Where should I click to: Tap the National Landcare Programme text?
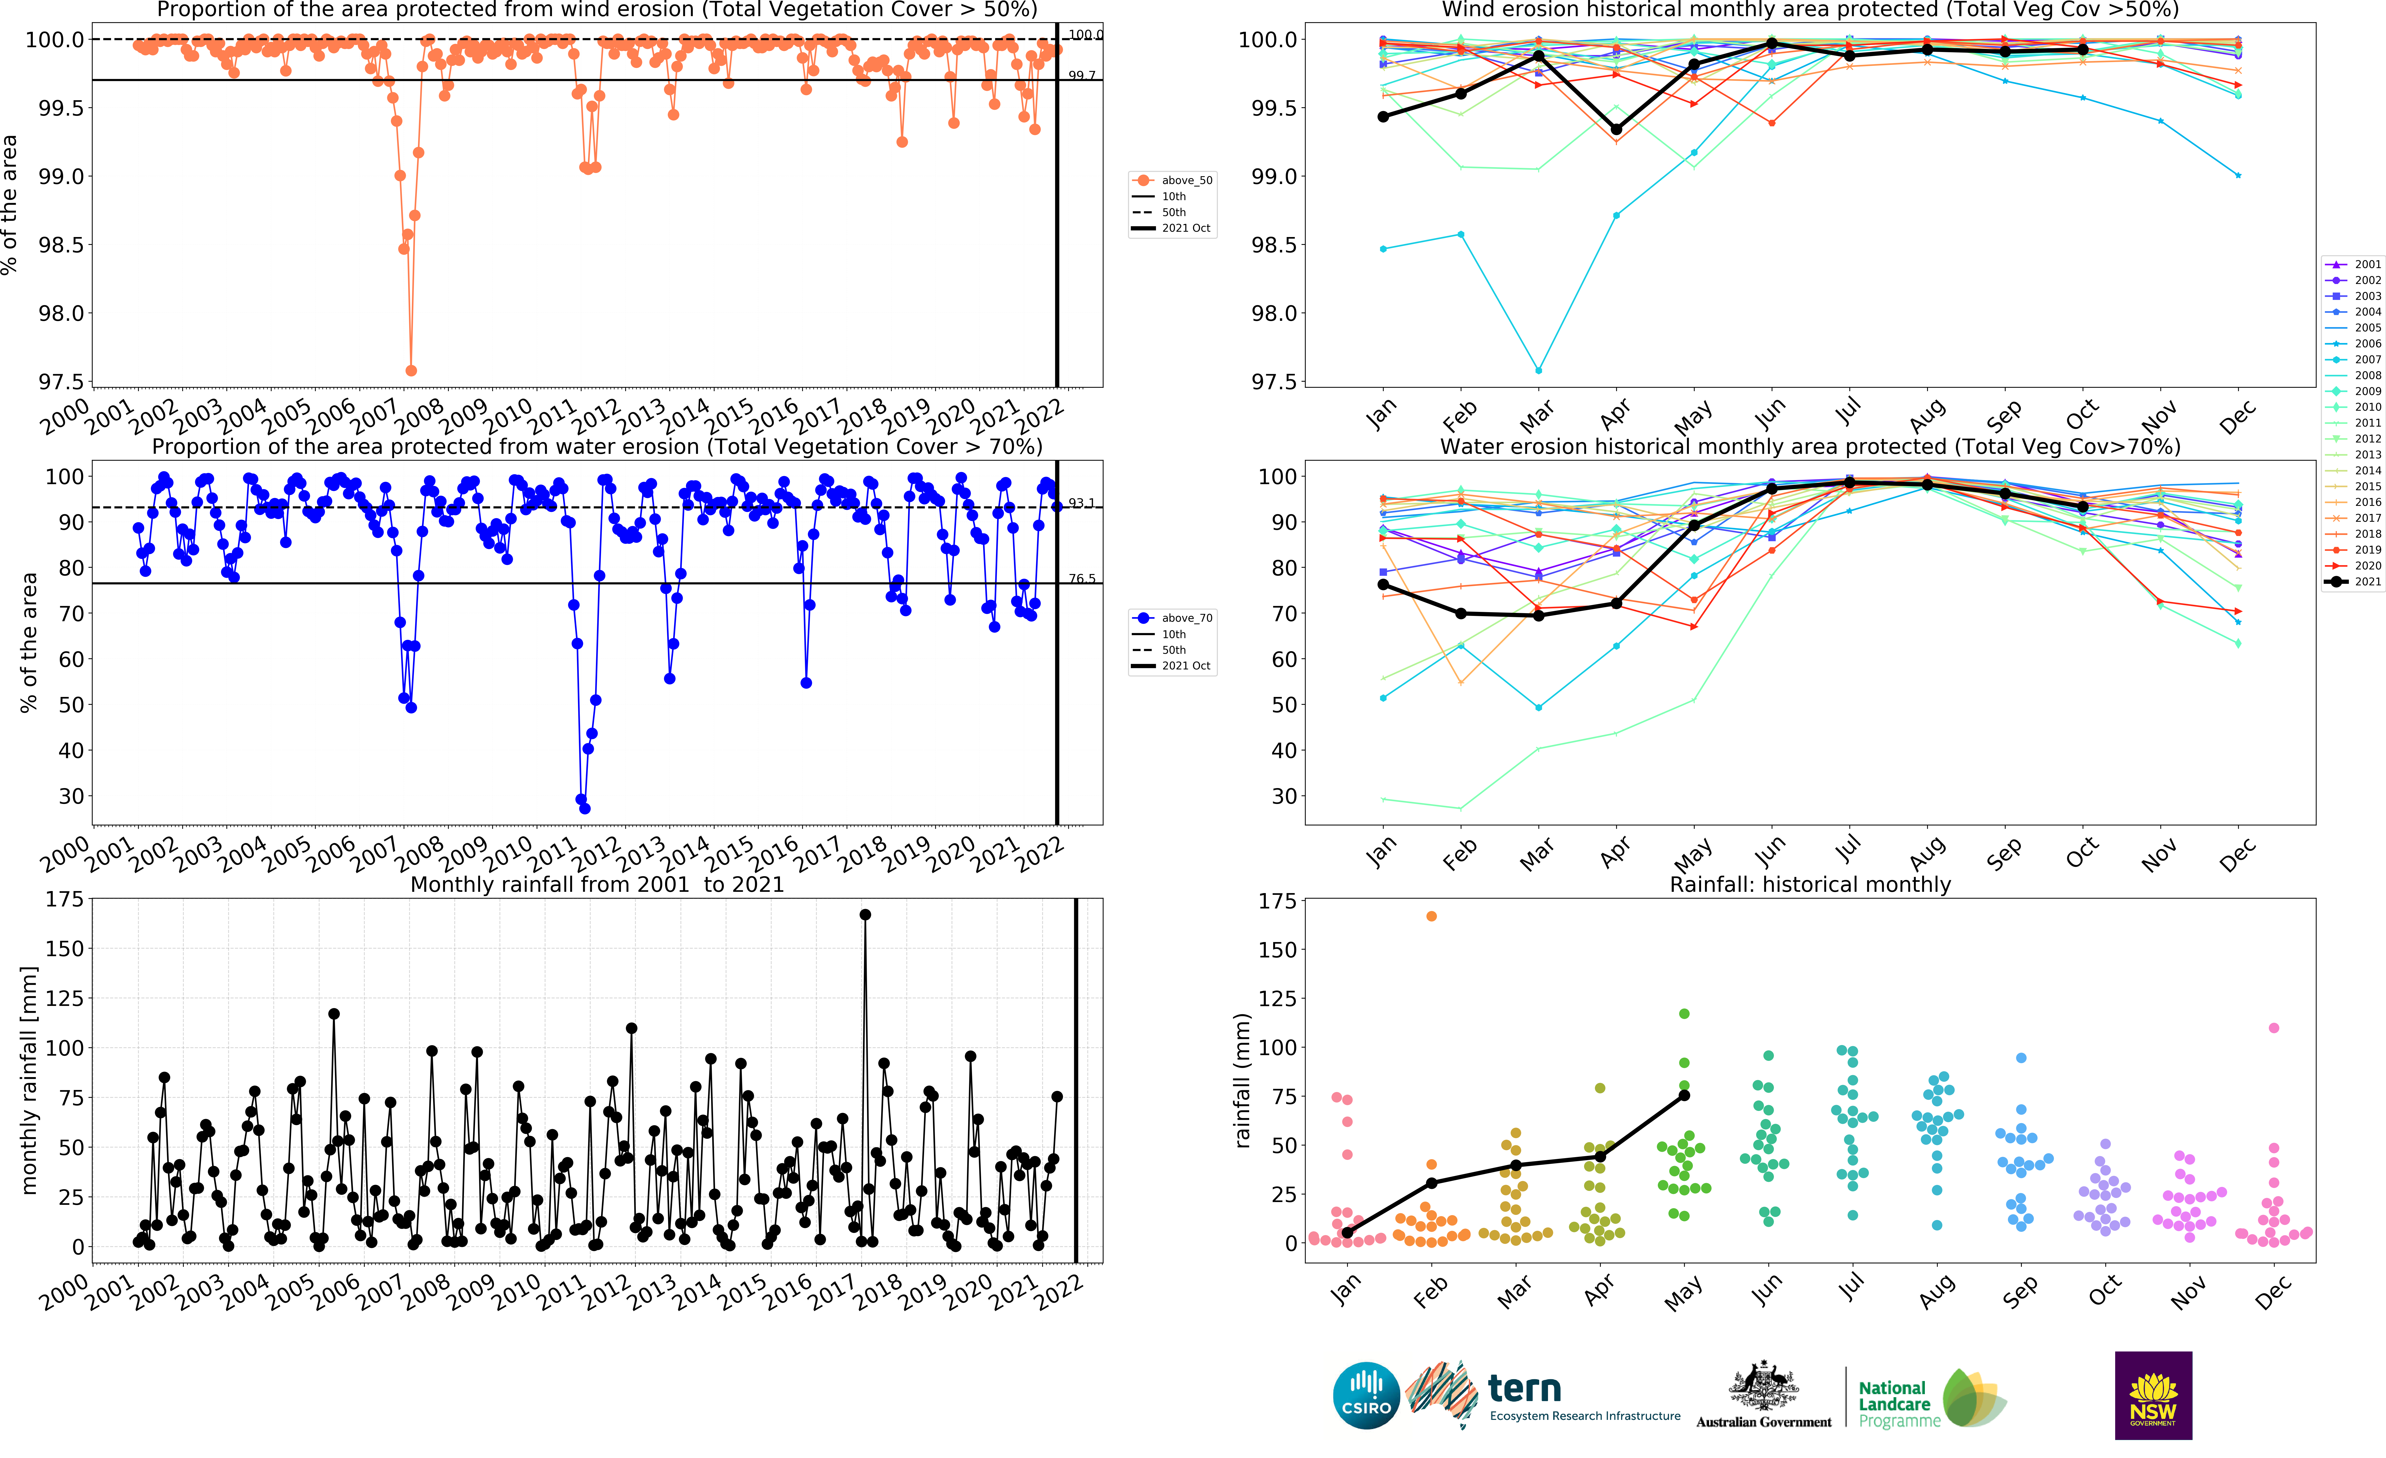click(1898, 1404)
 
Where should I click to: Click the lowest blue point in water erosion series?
click(585, 808)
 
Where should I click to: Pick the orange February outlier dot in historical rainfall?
click(1431, 916)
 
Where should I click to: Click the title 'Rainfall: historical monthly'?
click(1810, 884)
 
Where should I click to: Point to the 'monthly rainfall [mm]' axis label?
click(29, 1079)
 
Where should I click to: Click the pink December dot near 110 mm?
click(2274, 1028)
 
